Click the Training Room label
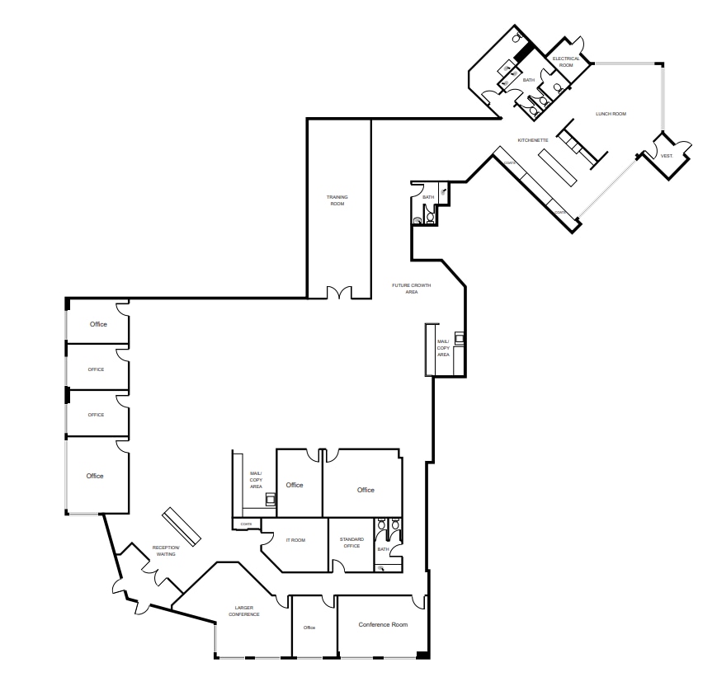pos(337,200)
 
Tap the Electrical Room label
pos(566,62)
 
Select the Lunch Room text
pos(611,114)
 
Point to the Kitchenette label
pos(533,140)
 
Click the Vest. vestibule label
pos(666,156)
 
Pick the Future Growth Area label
pos(411,289)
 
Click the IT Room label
pos(295,540)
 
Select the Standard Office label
pos(351,543)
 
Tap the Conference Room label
pos(383,625)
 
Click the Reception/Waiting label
pos(165,552)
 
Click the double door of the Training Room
pos(339,293)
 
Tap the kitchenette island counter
pos(565,168)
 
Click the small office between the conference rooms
pos(309,627)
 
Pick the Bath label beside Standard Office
pos(383,549)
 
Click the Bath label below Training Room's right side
pos(428,197)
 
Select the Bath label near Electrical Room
pos(529,80)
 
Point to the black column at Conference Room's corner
pos(422,655)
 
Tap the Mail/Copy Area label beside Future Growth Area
pos(443,348)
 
